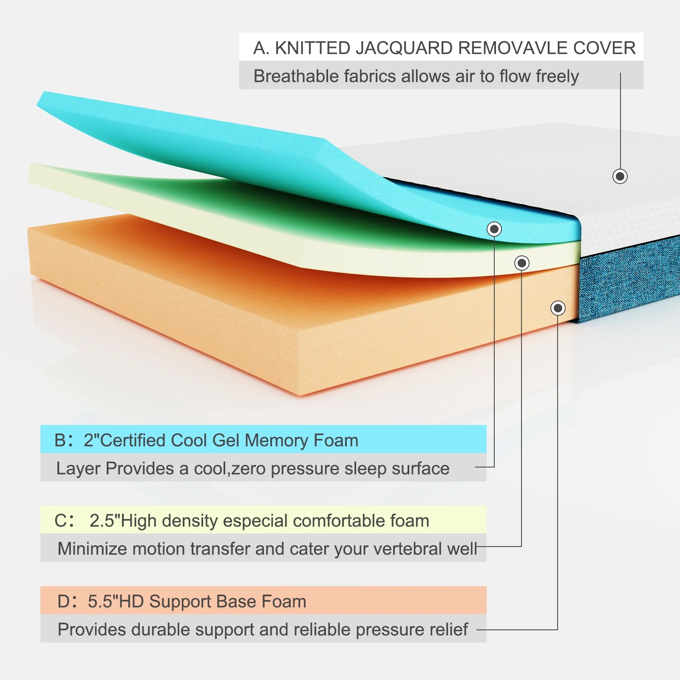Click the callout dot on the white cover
tap(620, 176)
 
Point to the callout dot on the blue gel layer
tap(494, 229)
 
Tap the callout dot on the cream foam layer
tap(522, 263)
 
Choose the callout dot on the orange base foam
tap(558, 308)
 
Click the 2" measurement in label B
tap(91, 440)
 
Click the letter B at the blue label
tap(60, 440)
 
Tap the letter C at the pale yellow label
tap(60, 521)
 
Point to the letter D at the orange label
tap(64, 602)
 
